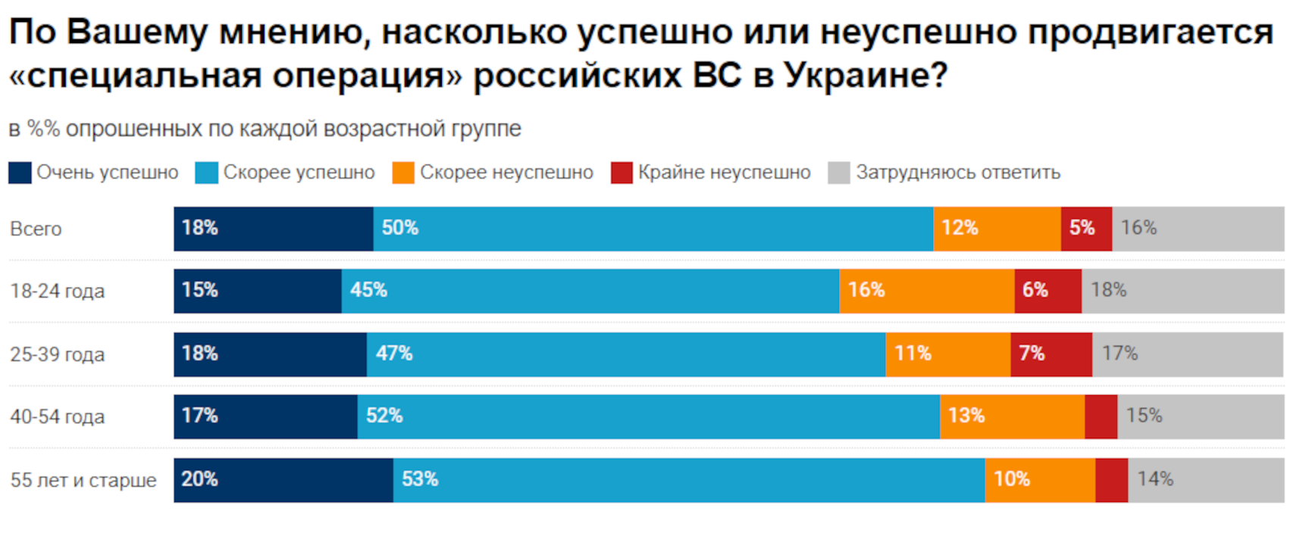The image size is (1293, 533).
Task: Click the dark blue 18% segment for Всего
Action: click(x=273, y=229)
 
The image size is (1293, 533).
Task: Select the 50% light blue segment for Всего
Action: click(x=653, y=229)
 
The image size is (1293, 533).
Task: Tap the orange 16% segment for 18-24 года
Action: click(x=926, y=291)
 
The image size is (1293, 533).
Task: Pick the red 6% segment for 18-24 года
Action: click(x=1047, y=291)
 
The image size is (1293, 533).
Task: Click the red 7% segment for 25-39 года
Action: click(x=1050, y=354)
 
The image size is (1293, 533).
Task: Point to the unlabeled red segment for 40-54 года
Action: click(x=1100, y=416)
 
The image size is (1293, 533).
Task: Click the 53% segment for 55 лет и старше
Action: click(x=688, y=480)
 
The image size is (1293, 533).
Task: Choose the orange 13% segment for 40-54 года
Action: click(x=1012, y=416)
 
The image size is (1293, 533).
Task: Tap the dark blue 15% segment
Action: click(x=257, y=291)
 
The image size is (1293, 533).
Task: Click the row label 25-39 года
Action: click(x=57, y=354)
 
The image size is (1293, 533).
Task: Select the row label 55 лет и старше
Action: click(x=83, y=480)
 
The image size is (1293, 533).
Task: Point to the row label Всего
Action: click(x=36, y=229)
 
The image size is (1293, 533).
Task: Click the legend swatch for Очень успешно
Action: click(x=20, y=173)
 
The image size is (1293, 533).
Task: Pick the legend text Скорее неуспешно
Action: click(x=506, y=173)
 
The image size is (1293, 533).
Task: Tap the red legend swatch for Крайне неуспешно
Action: click(x=621, y=173)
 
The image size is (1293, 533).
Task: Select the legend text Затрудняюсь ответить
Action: click(x=958, y=173)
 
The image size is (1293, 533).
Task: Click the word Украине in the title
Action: click(x=865, y=75)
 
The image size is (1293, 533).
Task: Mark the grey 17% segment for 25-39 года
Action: click(x=1188, y=354)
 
